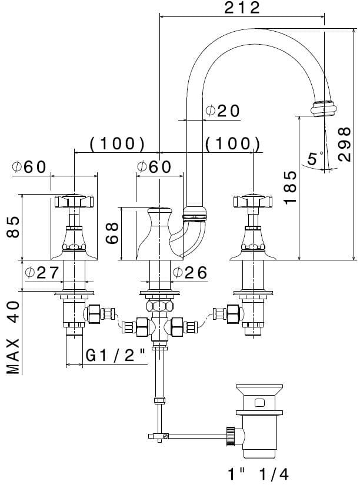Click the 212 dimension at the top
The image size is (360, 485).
coord(242,8)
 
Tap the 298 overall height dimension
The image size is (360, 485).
coord(344,144)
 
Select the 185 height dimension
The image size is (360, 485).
coord(290,187)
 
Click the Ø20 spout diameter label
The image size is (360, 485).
coord(223,111)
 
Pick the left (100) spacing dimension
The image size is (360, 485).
coord(117,143)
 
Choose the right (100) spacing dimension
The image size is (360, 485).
coord(232,143)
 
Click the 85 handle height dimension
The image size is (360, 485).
coord(13,226)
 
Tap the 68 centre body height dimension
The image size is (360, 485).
coord(112,233)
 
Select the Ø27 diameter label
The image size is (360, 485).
coord(42,272)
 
